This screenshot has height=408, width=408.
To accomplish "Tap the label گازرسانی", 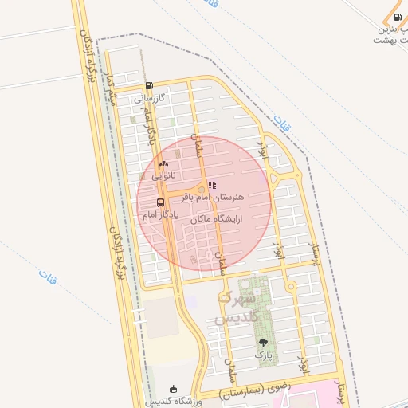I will pyautogui.click(x=149, y=99).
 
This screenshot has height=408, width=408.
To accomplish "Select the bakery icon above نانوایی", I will pyautogui.click(x=164, y=163).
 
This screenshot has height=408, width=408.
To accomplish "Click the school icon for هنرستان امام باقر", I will pyautogui.click(x=212, y=184).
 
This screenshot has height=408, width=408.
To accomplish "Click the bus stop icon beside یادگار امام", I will pyautogui.click(x=161, y=202).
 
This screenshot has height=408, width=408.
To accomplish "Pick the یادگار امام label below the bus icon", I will pyautogui.click(x=160, y=215).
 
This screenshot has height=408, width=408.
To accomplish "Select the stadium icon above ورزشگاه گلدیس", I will pyautogui.click(x=174, y=388).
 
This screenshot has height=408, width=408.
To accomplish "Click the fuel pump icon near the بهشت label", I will pyautogui.click(x=398, y=18).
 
